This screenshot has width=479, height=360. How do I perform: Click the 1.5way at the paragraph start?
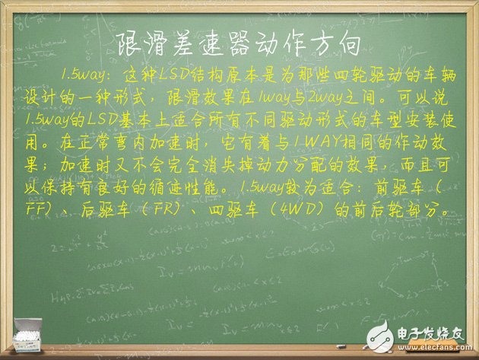pos(83,77)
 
